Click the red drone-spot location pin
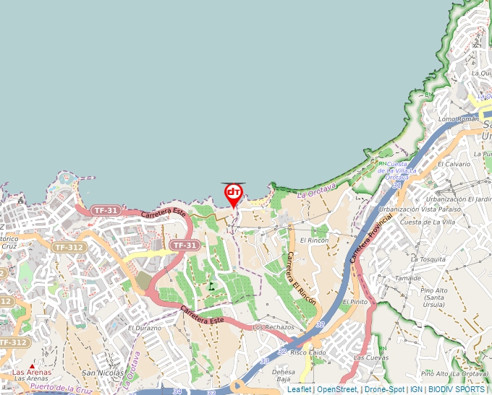pos(233,194)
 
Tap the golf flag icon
pos(211,286)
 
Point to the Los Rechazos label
pos(273,327)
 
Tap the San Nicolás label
pos(97,373)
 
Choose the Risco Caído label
pos(307,353)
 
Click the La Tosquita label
pos(432,259)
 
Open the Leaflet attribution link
pos(299,389)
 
